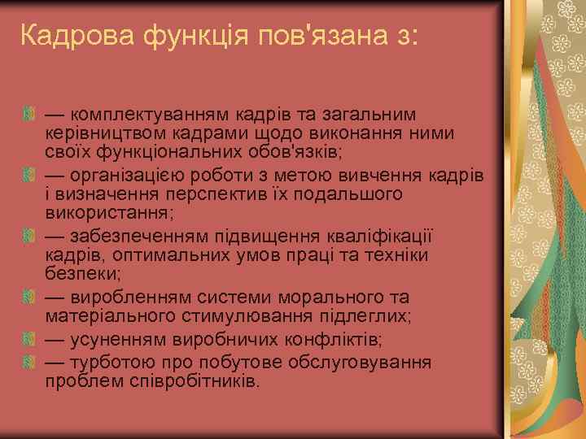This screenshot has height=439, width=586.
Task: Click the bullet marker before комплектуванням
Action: pyautogui.click(x=31, y=112)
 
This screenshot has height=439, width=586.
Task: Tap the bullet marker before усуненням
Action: pyautogui.click(x=31, y=338)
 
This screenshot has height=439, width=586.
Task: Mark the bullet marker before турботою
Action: pyautogui.click(x=31, y=361)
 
